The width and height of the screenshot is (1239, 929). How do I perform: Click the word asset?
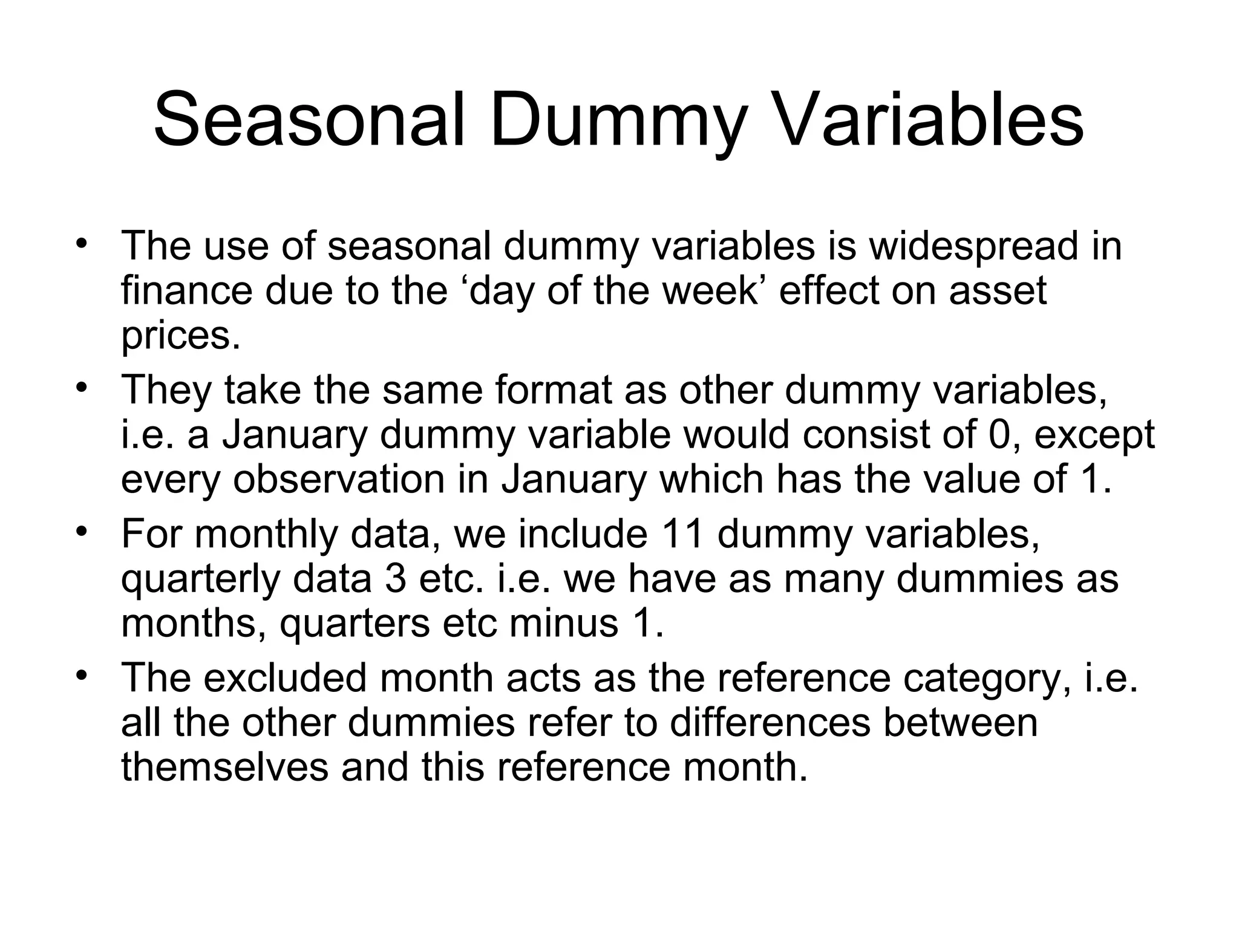pos(998,292)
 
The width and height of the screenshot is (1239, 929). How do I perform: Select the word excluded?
pos(285,677)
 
